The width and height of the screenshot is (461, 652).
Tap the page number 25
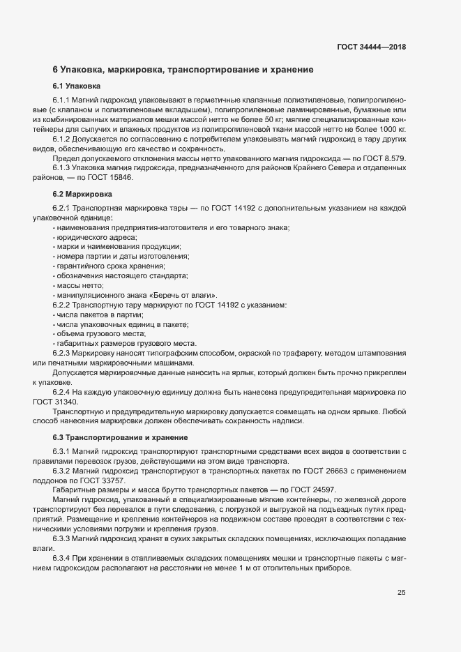[x=401, y=593]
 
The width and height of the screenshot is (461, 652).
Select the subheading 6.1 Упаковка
[x=77, y=86]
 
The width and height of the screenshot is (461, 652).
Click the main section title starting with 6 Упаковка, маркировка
[x=183, y=70]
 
